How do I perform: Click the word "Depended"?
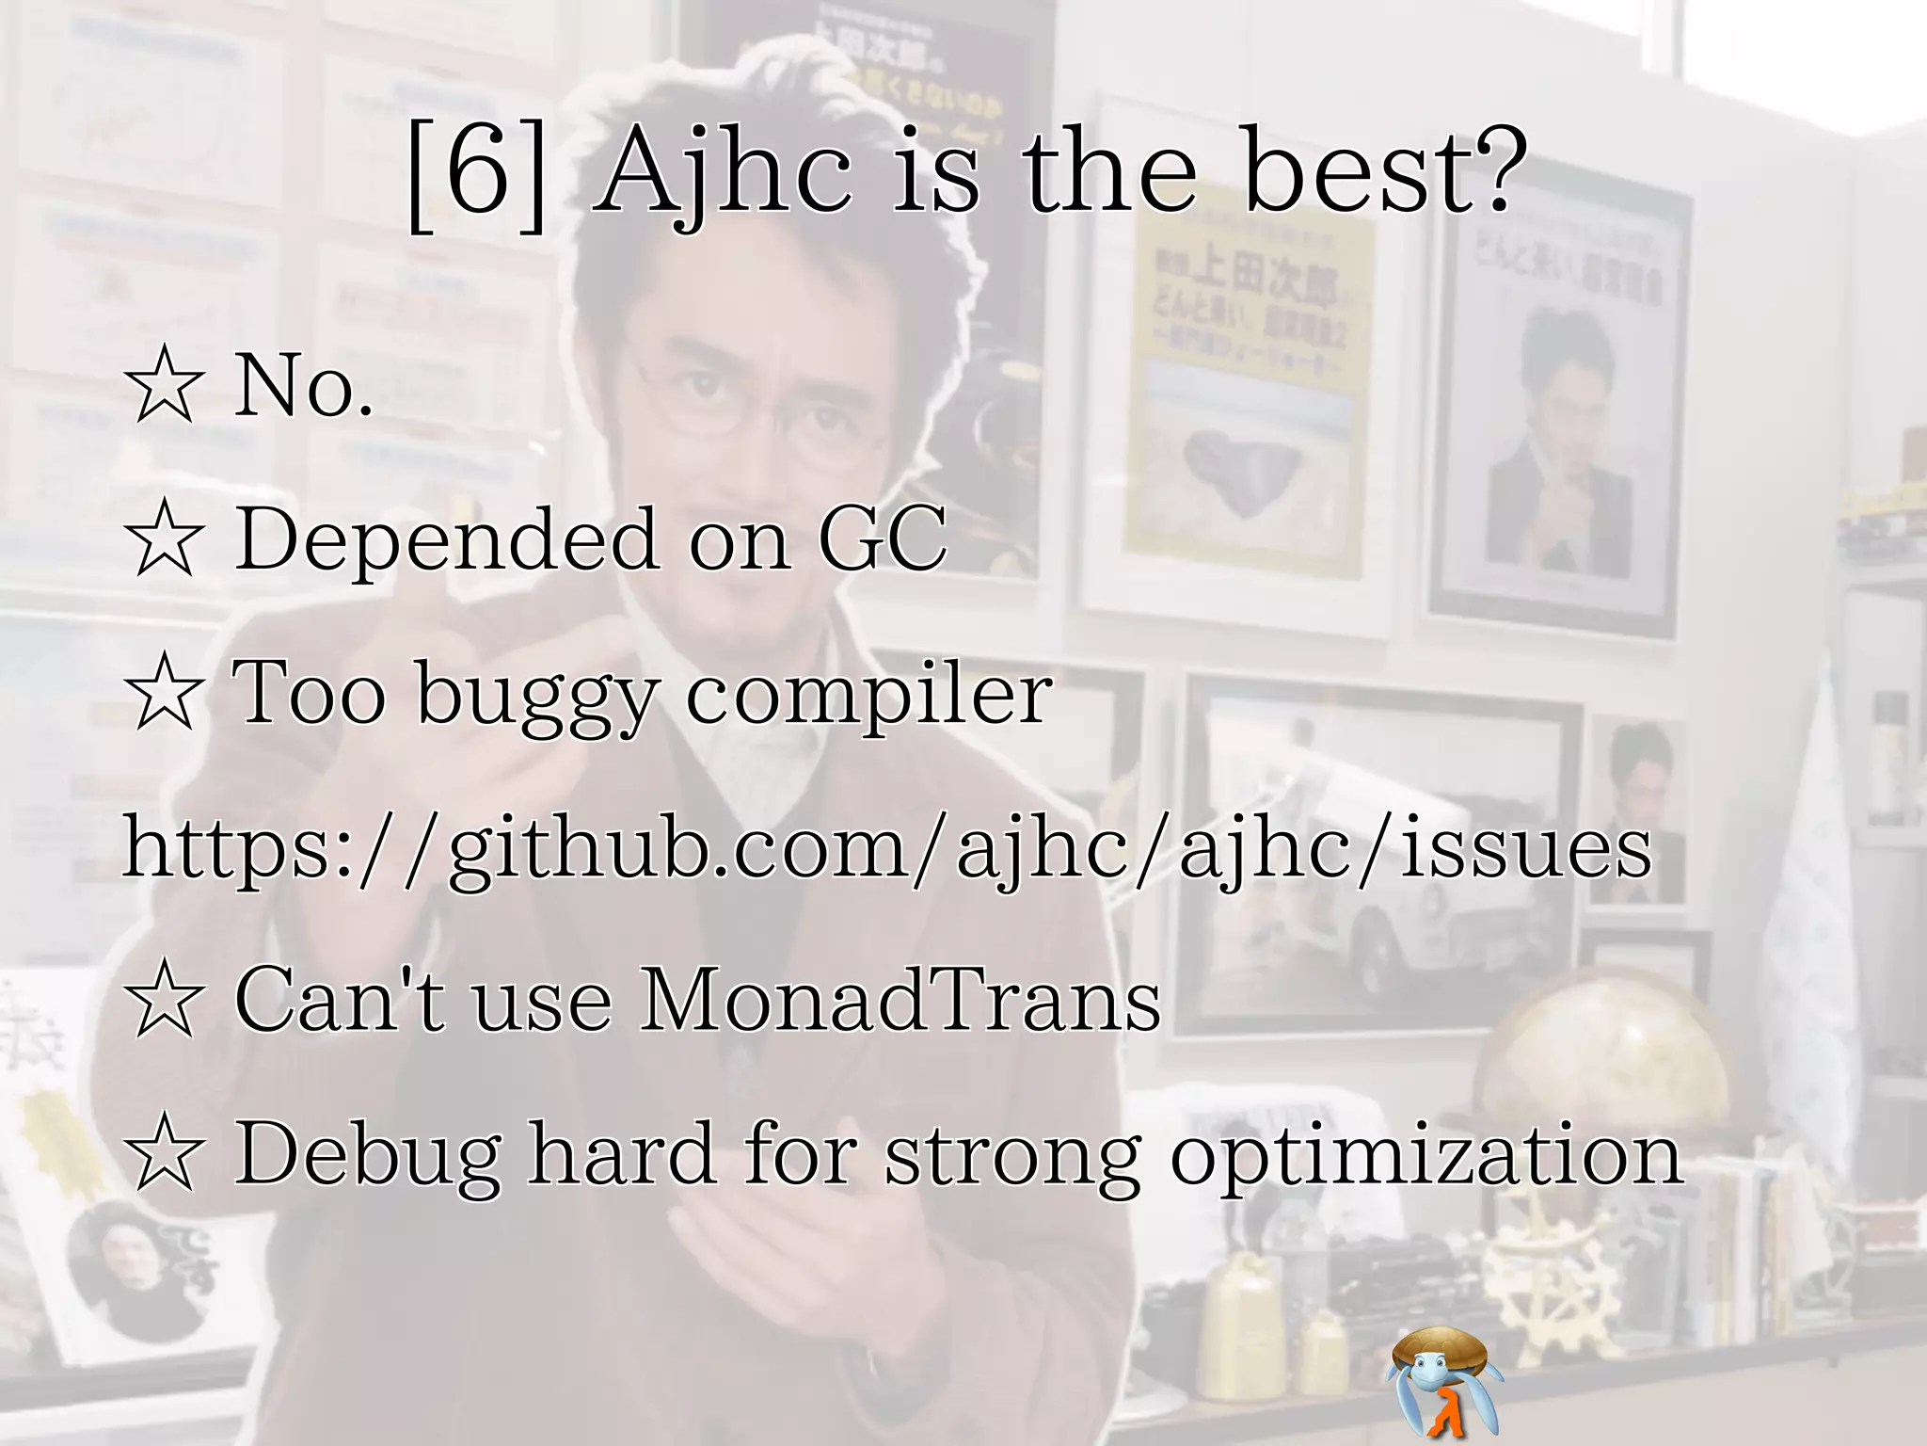coord(446,540)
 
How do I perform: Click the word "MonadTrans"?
coord(900,1002)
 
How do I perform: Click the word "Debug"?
coord(367,1156)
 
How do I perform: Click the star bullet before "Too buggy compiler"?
coord(165,695)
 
